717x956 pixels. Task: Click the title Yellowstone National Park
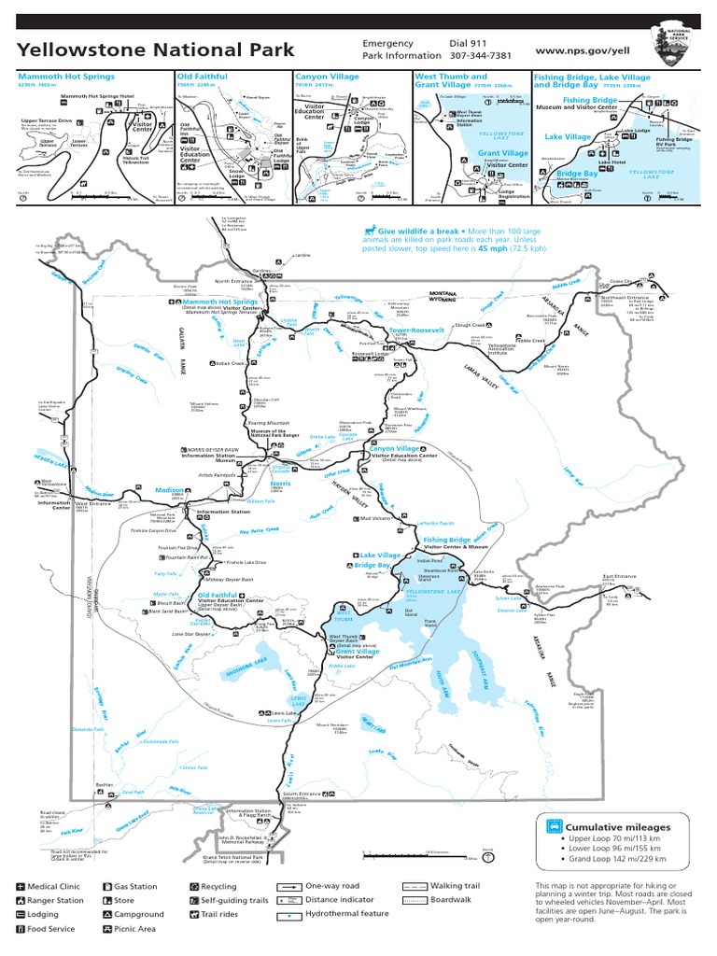pos(156,49)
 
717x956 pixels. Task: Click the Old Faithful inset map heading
pos(204,77)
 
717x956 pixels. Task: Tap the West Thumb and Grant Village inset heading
pos(451,81)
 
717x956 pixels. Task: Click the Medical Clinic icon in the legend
pos(21,887)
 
